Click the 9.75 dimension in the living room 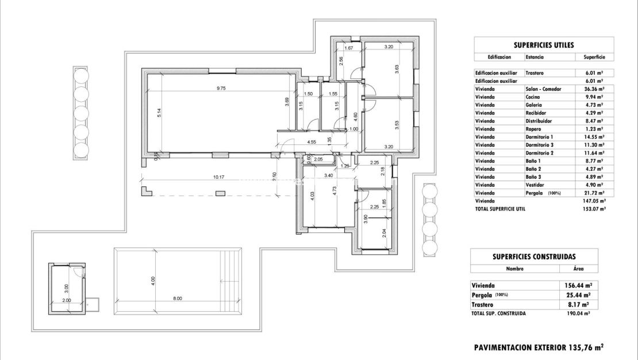tap(221, 88)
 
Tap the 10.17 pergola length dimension tap(218, 177)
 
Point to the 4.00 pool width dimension tap(152, 280)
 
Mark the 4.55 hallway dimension tap(312, 141)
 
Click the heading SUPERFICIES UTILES tap(543, 45)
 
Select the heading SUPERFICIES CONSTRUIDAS tap(534, 256)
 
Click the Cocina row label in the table tap(533, 97)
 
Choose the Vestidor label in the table tap(536, 185)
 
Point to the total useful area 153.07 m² tap(594, 209)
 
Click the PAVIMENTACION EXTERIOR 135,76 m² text tap(539, 347)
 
